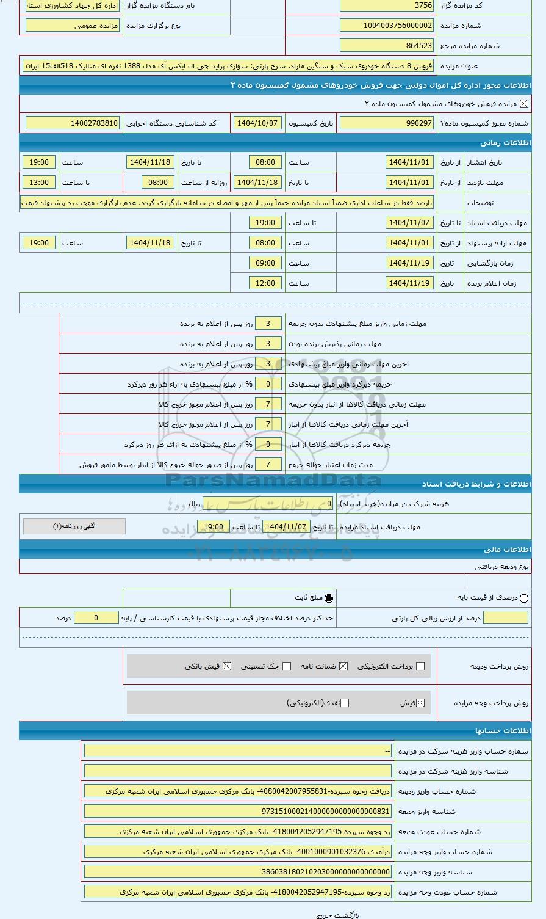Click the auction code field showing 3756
point(387,5)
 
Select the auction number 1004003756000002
point(387,26)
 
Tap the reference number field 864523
point(387,45)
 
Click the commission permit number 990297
point(387,123)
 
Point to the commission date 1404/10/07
point(257,123)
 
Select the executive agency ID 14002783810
point(73,123)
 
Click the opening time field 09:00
point(265,263)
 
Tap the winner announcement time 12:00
point(265,283)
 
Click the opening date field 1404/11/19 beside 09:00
point(410,263)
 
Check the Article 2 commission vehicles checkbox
point(524,104)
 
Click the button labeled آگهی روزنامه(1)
point(74,526)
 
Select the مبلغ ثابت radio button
point(329,598)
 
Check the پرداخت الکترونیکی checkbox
point(420,666)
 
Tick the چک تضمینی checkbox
point(287,666)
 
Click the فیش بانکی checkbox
point(227,666)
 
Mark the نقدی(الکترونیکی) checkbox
point(345,703)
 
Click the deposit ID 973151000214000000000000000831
point(238,812)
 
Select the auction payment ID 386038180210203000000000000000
point(238,872)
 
